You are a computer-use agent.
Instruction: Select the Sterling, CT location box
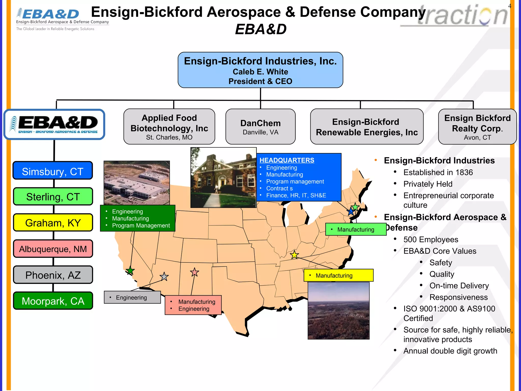(53, 197)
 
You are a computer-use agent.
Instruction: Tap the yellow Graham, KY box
(53, 223)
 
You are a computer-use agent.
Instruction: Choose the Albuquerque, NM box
(53, 249)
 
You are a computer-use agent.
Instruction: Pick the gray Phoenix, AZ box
(53, 275)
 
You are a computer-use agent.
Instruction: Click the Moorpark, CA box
(53, 301)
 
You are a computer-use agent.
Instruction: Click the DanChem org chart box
(260, 127)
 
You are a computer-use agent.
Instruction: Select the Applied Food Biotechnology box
(169, 127)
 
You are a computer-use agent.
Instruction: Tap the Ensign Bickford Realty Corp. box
(477, 127)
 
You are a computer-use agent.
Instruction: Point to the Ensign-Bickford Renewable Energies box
(367, 127)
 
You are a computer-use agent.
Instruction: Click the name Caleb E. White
(260, 72)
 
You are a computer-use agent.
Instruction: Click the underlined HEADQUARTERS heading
(287, 160)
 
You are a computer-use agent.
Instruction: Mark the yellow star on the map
(294, 255)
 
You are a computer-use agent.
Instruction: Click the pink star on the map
(195, 272)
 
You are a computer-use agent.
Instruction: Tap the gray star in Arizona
(164, 276)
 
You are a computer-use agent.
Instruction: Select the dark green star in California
(130, 271)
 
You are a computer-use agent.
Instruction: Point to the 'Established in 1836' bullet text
(438, 172)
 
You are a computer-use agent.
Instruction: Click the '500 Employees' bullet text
(431, 240)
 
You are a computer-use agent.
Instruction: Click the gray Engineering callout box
(132, 297)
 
